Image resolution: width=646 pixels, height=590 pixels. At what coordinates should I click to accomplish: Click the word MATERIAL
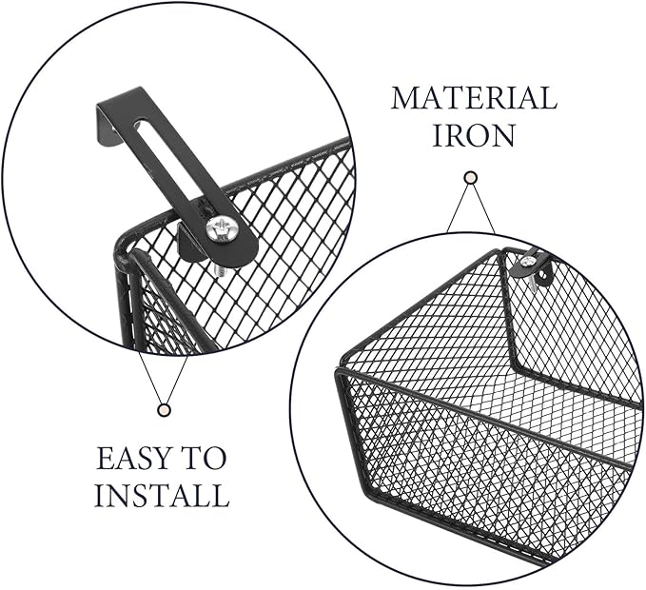coord(474,98)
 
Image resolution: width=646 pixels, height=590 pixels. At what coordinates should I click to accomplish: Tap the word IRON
coord(474,135)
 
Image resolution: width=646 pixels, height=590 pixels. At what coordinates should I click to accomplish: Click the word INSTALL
coord(162,495)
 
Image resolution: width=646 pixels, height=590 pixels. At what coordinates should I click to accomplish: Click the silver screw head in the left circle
coord(219,229)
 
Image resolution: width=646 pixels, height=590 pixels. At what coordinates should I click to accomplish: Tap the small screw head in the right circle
coord(527,261)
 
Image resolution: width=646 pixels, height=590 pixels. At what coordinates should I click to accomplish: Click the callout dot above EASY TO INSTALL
coord(165,409)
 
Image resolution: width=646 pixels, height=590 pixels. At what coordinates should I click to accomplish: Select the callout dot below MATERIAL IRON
coord(471,178)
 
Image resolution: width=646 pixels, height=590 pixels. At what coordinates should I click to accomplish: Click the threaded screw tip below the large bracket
coord(219,272)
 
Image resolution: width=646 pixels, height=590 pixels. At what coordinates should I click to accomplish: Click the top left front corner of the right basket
coord(339,369)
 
